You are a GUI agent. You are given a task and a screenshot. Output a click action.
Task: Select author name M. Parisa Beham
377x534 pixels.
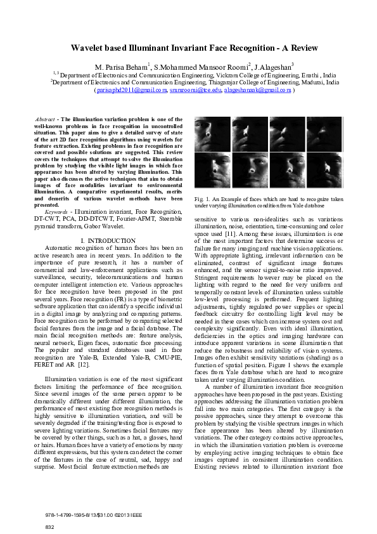(x=120, y=66)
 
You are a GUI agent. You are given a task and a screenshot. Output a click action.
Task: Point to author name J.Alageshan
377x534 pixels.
(x=272, y=66)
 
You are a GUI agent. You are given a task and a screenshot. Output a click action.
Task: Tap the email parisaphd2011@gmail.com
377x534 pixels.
(x=131, y=91)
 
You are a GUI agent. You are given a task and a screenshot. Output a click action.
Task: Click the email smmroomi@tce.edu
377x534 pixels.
(x=189, y=91)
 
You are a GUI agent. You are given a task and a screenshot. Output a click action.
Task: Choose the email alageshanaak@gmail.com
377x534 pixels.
(x=251, y=91)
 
